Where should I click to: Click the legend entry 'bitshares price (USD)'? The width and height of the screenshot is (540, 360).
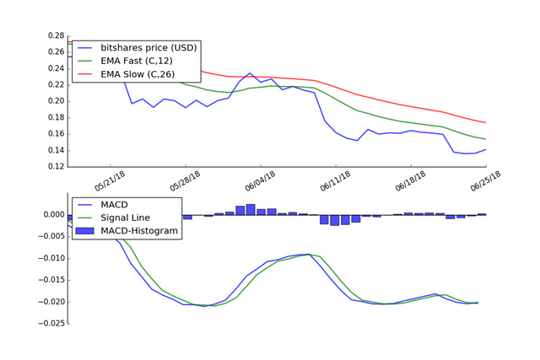[148, 46]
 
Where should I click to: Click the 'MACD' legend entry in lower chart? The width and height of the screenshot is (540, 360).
[114, 203]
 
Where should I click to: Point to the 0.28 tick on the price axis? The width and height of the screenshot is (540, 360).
[55, 35]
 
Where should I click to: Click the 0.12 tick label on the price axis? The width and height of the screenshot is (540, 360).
[55, 166]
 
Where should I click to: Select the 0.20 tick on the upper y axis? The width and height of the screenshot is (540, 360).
[55, 101]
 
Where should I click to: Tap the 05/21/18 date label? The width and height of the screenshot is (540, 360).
[112, 181]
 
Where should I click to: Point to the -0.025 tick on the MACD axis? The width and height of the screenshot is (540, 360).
[50, 323]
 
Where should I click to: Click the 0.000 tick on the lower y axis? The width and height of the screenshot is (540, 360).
[52, 214]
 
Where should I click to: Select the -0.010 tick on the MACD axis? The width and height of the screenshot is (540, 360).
[50, 258]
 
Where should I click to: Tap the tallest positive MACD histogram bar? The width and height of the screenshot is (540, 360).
[251, 209]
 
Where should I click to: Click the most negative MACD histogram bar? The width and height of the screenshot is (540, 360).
[335, 220]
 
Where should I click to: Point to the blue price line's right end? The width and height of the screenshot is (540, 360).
[485, 149]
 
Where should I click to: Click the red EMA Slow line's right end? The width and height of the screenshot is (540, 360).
[485, 123]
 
